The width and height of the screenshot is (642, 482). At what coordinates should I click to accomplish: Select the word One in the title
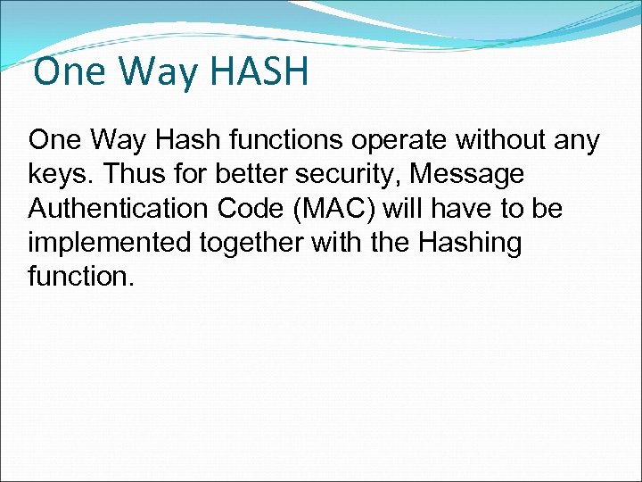point(67,71)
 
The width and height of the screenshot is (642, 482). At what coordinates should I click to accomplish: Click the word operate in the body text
point(395,140)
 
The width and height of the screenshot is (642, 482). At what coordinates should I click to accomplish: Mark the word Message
point(479,174)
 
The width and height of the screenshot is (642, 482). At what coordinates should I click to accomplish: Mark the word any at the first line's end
point(578,140)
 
